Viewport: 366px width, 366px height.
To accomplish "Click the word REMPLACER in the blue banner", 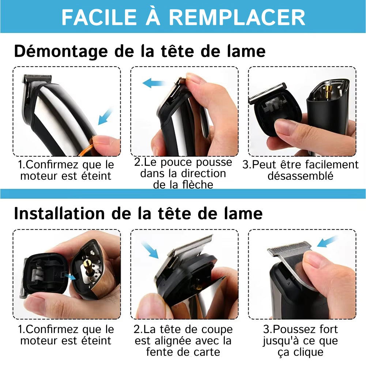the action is (x=237, y=17).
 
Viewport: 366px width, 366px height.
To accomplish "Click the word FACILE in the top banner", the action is (x=99, y=17).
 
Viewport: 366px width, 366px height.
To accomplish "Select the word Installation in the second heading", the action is (x=59, y=213).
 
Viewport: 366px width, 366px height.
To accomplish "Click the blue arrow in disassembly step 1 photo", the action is (x=105, y=116).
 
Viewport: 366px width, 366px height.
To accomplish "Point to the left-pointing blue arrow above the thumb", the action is (x=154, y=83).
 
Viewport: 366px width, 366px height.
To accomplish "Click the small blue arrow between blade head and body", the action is (x=70, y=276).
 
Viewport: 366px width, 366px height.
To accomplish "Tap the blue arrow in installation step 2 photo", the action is (x=150, y=250).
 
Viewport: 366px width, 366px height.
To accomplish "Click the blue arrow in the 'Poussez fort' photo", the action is (x=327, y=242).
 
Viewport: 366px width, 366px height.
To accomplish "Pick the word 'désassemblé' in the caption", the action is (x=301, y=176).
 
